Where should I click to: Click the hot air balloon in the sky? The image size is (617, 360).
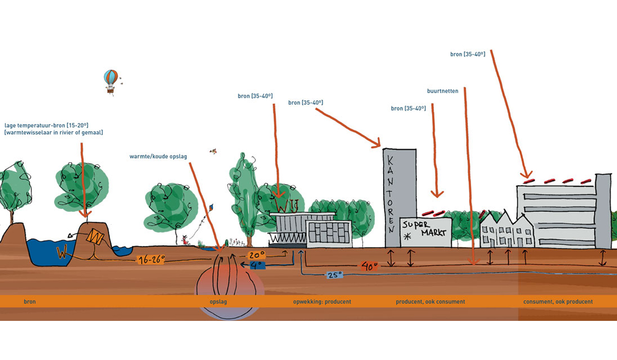(111, 80)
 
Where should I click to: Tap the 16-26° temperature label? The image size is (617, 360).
(151, 261)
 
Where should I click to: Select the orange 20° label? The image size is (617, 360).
(257, 255)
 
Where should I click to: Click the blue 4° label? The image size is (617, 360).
(257, 265)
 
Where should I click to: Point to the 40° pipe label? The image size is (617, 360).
(369, 266)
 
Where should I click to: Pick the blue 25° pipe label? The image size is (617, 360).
(334, 275)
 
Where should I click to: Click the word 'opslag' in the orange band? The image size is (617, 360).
(218, 302)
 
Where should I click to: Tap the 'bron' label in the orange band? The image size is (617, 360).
(30, 302)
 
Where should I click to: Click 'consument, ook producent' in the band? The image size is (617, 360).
(558, 302)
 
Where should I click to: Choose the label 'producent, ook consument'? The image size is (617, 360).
(430, 302)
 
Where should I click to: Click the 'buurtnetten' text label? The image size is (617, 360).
(442, 91)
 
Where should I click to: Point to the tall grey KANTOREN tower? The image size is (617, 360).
(399, 195)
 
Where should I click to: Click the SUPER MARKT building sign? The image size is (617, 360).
(425, 229)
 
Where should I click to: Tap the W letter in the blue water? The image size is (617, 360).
(62, 254)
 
